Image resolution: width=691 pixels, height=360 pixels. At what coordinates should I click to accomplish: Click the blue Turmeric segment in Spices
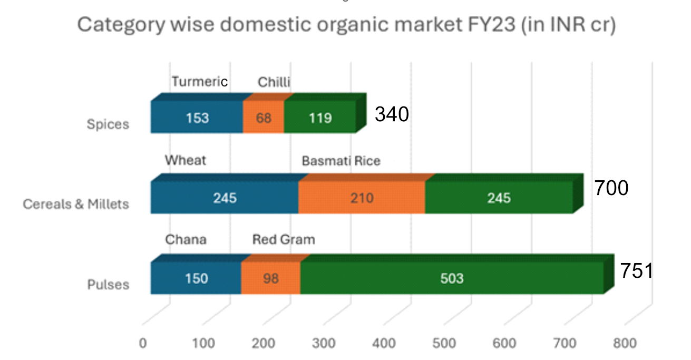coord(197,118)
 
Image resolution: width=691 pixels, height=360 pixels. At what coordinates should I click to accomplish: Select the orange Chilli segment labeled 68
coord(264,118)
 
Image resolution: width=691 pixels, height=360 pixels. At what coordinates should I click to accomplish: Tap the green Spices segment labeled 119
coord(320,118)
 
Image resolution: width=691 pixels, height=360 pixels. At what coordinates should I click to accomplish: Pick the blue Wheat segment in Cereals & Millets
coord(225,198)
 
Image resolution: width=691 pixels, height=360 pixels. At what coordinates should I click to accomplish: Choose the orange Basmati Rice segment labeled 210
coord(362,198)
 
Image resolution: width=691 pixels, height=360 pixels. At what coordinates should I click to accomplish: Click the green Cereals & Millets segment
coord(499,198)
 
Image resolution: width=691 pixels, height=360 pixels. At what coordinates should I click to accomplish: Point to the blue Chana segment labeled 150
coord(196,278)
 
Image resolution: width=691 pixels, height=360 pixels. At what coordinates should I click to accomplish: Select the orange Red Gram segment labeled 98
coord(270,278)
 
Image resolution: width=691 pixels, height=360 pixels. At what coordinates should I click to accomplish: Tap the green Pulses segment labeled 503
coord(452,278)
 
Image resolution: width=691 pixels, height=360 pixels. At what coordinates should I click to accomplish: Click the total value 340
coord(392,114)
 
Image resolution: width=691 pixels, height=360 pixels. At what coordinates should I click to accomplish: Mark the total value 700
coord(611,188)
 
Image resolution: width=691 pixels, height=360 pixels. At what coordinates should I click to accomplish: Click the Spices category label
coord(108,125)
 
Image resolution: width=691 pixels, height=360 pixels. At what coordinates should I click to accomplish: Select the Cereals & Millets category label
coord(76,204)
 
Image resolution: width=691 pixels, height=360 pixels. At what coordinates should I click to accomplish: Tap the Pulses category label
coord(108,285)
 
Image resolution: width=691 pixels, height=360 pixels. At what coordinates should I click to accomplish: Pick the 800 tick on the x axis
coord(625,343)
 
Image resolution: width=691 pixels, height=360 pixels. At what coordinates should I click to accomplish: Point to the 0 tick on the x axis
coord(143,343)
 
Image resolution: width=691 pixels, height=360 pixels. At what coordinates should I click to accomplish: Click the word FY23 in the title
coord(486,25)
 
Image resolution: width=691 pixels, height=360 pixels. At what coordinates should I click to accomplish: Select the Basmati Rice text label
coord(340,161)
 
